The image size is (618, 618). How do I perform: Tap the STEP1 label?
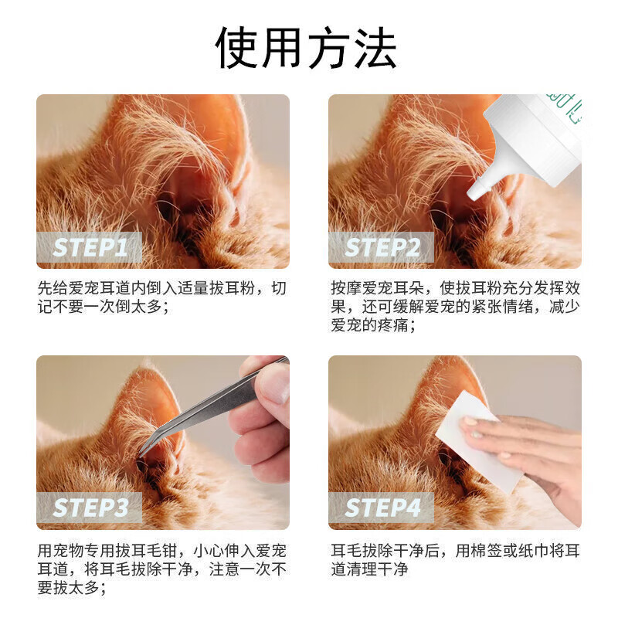[x=90, y=248]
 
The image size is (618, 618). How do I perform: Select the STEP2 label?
[x=382, y=248]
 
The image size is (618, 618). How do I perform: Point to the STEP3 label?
[x=90, y=508]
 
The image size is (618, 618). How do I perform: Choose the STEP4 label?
[x=382, y=508]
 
